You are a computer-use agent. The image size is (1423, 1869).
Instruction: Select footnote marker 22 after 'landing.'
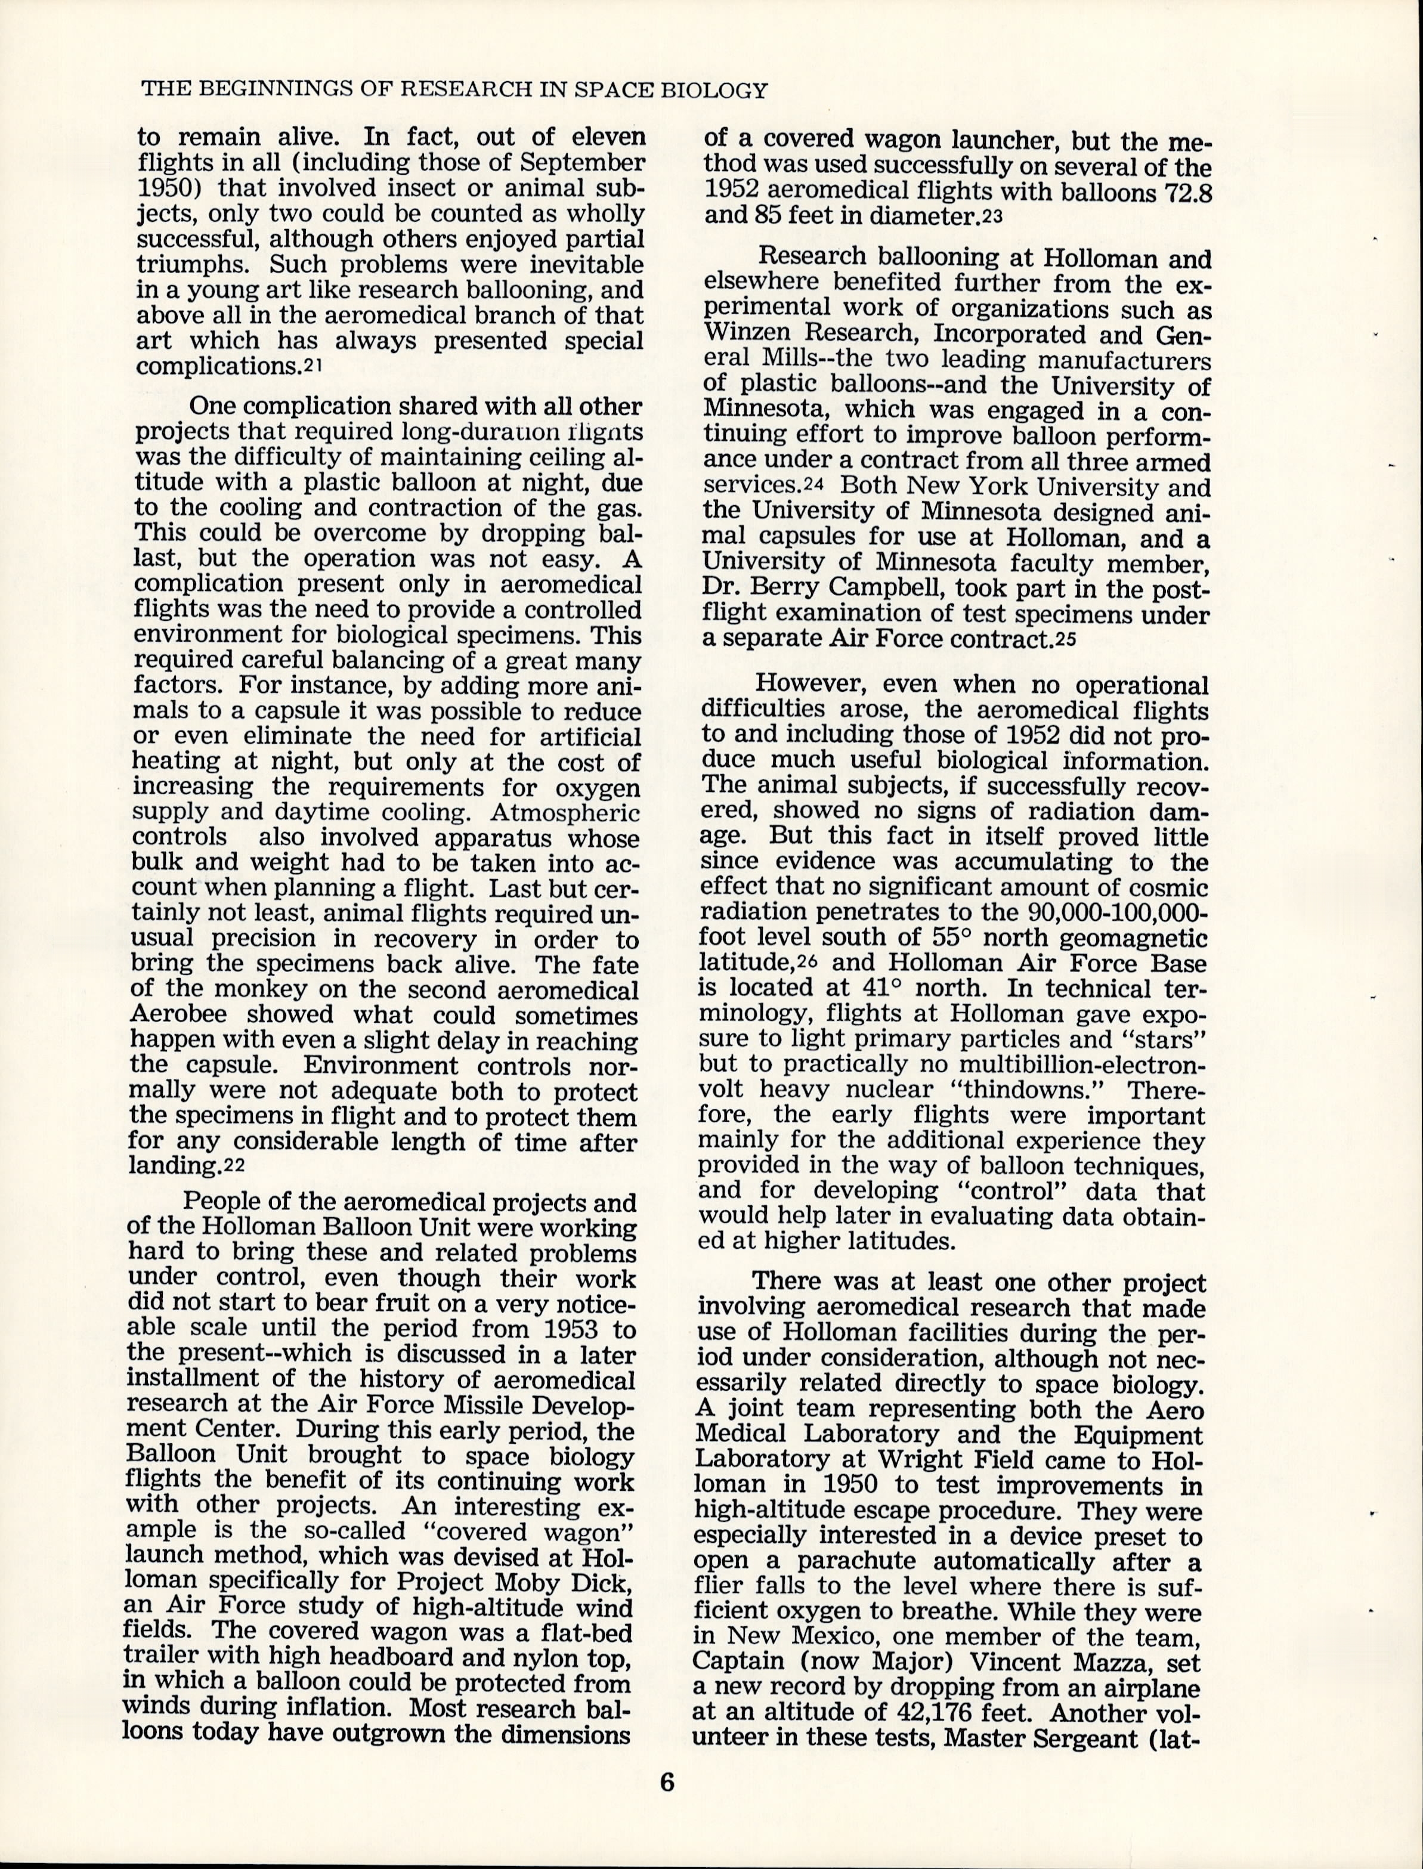tap(233, 1166)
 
